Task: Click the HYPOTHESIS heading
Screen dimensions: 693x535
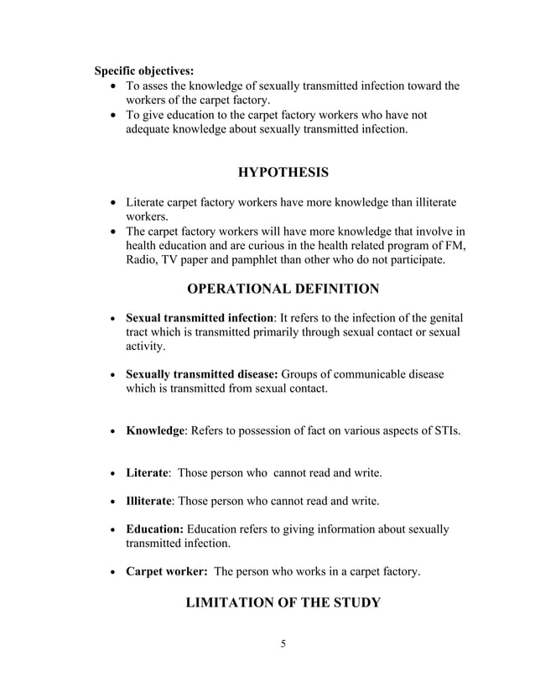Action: click(x=283, y=173)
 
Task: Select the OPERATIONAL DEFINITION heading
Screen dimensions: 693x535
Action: click(x=283, y=289)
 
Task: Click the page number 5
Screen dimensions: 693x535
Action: click(x=283, y=644)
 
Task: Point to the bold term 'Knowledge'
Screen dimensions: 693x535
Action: click(x=155, y=431)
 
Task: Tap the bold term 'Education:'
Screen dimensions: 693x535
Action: click(x=154, y=529)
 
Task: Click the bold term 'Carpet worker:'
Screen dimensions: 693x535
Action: click(x=166, y=571)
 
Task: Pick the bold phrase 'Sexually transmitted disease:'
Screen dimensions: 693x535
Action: click(x=202, y=374)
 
